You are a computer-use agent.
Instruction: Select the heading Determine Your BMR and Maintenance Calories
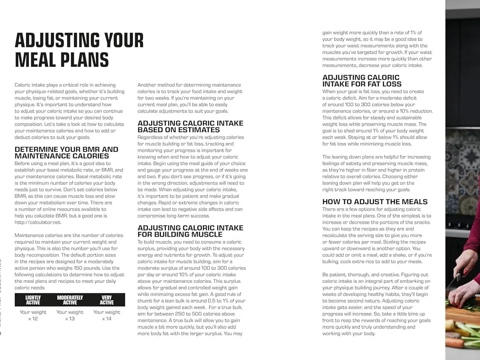(x=66, y=153)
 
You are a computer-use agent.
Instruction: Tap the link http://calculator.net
(x=38, y=222)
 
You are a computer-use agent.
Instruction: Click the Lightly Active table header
(x=33, y=300)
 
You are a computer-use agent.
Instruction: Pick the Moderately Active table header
(x=70, y=300)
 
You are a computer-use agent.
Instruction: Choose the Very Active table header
(x=107, y=300)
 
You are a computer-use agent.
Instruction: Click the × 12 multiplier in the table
(x=33, y=319)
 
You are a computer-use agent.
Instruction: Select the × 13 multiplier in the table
(x=70, y=319)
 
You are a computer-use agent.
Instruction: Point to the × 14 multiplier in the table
(x=107, y=319)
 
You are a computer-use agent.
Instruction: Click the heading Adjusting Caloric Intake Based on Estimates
(x=190, y=127)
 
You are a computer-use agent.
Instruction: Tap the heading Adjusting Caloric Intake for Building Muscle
(x=190, y=231)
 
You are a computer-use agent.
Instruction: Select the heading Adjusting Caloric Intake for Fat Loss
(x=361, y=81)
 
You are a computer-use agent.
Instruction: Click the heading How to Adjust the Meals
(x=375, y=202)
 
